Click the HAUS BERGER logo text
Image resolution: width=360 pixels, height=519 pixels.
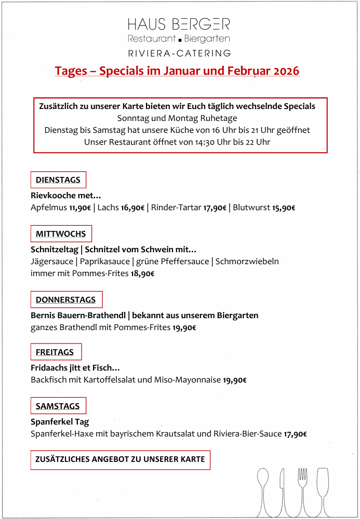point(179,24)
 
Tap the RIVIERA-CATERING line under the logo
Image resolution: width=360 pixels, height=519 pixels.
point(179,53)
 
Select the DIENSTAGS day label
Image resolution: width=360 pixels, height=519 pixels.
point(58,180)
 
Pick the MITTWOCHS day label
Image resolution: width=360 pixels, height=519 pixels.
point(61,234)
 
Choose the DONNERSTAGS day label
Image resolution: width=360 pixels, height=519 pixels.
point(66,300)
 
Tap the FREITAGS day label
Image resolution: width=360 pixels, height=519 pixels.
point(55,352)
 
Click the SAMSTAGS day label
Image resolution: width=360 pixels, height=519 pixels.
point(58,406)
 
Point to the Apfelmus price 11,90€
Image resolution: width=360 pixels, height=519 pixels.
point(80,208)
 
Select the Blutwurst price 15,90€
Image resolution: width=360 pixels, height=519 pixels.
point(284,208)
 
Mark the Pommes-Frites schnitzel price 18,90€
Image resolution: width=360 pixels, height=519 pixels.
point(142,274)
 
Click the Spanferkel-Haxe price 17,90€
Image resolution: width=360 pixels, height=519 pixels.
point(295,434)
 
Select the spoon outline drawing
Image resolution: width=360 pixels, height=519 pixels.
point(262,490)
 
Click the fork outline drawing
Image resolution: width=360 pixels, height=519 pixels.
point(302,490)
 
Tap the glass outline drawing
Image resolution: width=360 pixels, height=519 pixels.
point(323,490)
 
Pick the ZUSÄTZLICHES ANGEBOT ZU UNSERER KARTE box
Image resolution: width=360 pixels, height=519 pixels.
point(120,460)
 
